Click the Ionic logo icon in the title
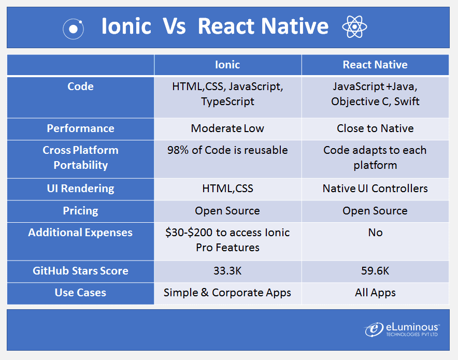click(73, 28)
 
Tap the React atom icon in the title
click(354, 26)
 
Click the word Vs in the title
click(174, 26)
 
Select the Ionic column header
click(227, 65)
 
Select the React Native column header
click(375, 65)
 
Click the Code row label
click(80, 87)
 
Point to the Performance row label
click(80, 128)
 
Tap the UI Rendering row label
click(80, 189)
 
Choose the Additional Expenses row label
click(80, 233)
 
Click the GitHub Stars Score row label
click(80, 271)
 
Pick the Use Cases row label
click(80, 293)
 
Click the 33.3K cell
click(227, 271)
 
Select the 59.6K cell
click(375, 271)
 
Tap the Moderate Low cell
click(227, 128)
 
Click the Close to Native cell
click(375, 128)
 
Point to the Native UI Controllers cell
click(375, 189)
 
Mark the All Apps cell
click(375, 293)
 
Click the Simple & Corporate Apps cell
click(227, 293)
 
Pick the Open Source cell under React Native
click(375, 211)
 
